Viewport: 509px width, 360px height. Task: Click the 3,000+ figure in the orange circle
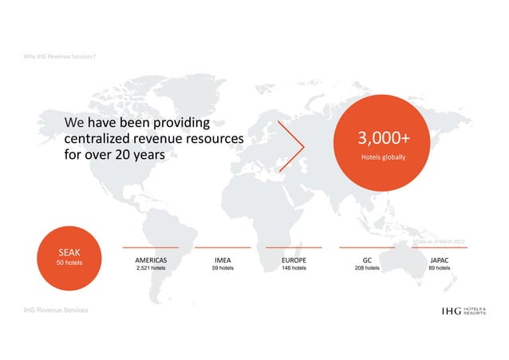click(381, 140)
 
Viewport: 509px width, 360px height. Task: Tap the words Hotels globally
click(381, 157)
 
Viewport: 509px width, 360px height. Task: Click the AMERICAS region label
click(151, 260)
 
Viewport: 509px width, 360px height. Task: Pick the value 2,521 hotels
click(151, 269)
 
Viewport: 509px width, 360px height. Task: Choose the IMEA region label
click(223, 260)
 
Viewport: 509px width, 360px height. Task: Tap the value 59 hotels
click(223, 269)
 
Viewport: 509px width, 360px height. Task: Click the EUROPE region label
click(294, 260)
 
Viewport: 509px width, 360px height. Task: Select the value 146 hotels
click(294, 269)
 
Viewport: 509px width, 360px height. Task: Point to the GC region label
click(367, 260)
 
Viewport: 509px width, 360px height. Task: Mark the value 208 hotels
click(367, 269)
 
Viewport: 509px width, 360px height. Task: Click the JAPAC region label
click(439, 260)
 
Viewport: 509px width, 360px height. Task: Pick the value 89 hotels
click(439, 269)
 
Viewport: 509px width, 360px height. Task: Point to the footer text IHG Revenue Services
click(56, 309)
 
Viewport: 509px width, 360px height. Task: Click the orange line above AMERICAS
click(151, 247)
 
